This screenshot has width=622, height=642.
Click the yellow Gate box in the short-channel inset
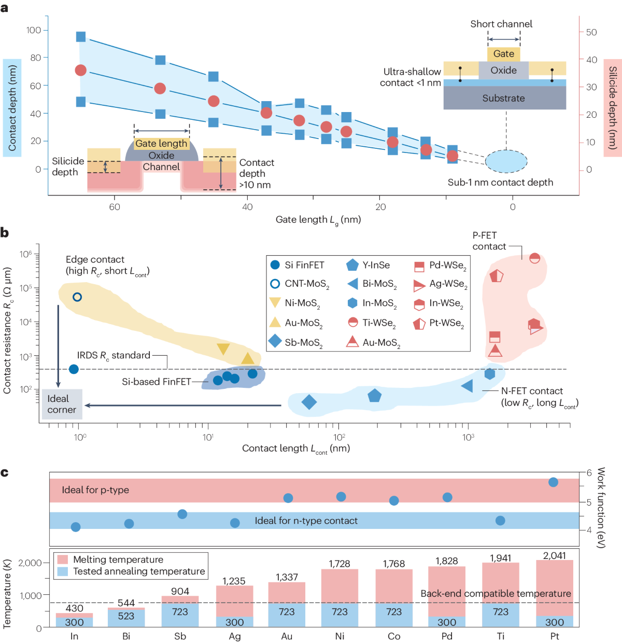503,54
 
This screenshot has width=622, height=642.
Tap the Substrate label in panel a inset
503,98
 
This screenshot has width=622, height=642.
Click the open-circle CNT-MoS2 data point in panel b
77,297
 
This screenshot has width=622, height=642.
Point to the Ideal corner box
62,404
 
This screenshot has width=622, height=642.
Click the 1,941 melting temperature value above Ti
500,558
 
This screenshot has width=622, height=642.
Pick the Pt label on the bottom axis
555,636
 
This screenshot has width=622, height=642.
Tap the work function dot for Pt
553,482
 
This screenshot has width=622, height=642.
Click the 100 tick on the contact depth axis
34,30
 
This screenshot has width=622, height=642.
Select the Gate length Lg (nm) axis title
318,220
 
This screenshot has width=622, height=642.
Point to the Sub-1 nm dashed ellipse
506,161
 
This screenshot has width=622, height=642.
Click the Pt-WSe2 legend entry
439,323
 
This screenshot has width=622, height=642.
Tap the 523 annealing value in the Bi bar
126,616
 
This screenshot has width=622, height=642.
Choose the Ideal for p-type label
95,490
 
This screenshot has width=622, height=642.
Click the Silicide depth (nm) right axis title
613,108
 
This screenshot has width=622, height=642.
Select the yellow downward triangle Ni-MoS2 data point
223,348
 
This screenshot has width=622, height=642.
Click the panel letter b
5,233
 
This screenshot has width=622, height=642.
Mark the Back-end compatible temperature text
496,594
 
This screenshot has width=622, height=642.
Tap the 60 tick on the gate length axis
115,207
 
